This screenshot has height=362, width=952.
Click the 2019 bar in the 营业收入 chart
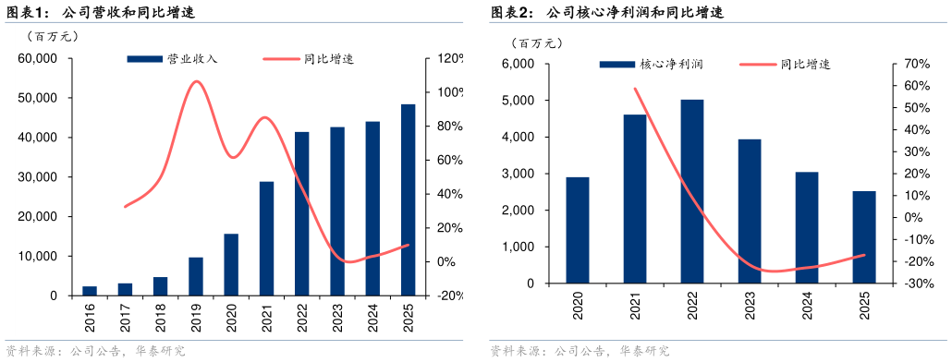pos(196,276)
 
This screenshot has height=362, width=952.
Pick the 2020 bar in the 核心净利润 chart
pos(578,230)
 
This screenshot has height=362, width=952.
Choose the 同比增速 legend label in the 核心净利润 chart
pos(805,65)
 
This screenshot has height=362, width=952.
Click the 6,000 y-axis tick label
pos(519,64)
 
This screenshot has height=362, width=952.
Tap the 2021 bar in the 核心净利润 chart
pos(635,199)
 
